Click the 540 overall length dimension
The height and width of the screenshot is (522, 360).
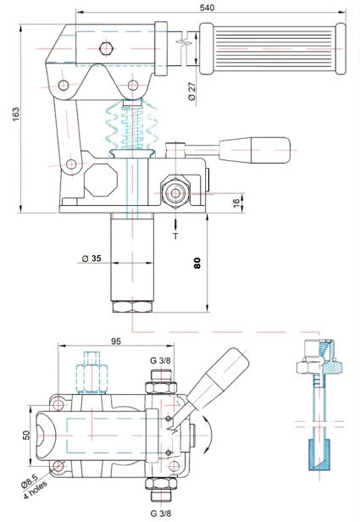point(206,6)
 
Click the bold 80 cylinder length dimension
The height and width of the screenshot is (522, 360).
point(197,262)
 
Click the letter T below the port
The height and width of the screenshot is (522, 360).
point(175,236)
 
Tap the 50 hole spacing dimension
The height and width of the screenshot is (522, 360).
point(26,435)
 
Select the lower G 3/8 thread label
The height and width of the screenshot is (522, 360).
point(160,513)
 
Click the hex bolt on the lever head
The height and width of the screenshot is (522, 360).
point(104,48)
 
